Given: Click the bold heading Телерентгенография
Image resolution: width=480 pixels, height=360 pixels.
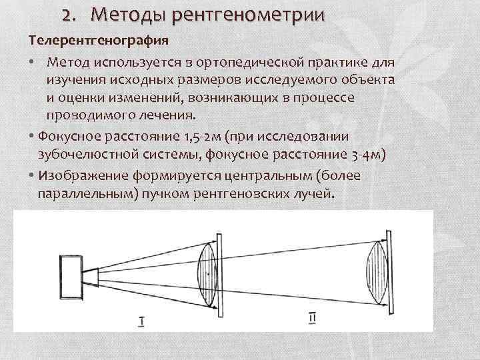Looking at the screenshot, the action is (97, 39).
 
